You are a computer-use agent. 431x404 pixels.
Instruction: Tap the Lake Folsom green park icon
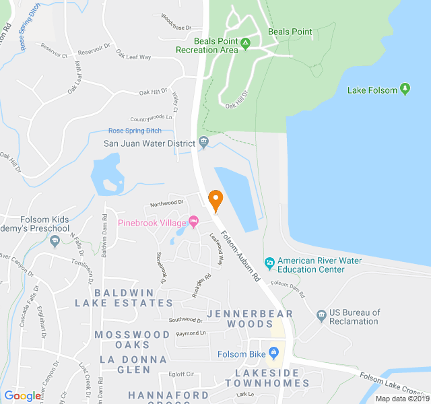click(405, 89)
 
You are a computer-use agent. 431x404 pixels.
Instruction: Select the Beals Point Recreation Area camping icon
click(246, 44)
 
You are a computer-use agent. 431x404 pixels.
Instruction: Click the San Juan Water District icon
click(204, 143)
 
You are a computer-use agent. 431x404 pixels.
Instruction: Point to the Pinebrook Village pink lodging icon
click(194, 222)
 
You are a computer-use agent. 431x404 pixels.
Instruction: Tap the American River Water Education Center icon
click(269, 261)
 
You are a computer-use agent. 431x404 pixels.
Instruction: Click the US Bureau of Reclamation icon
click(321, 315)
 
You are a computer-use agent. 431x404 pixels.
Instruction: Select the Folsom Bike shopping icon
click(273, 353)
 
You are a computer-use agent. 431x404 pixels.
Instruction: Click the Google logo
click(22, 396)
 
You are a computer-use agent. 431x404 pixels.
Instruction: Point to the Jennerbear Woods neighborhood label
click(250, 318)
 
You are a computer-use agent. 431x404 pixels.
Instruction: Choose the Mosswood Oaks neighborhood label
click(132, 339)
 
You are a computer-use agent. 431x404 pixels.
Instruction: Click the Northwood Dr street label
click(166, 203)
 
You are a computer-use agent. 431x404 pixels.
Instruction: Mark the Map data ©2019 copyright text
click(401, 398)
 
